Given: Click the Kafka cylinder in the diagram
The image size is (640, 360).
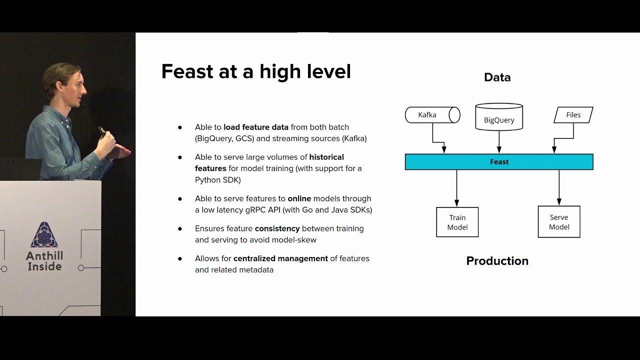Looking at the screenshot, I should (x=432, y=115).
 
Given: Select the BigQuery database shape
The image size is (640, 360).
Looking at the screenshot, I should (x=499, y=117).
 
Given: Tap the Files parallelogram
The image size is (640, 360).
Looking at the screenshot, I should (x=573, y=115).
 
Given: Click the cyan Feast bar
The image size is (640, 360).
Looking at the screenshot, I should (x=499, y=162).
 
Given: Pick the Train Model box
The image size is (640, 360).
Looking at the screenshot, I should (x=457, y=222).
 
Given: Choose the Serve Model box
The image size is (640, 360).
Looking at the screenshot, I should (x=559, y=222).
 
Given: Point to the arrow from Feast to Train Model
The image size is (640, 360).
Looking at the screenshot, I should (x=456, y=188).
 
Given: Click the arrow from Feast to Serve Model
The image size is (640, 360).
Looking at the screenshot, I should (x=559, y=187).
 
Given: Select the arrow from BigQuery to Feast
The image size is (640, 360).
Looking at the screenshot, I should (x=499, y=141).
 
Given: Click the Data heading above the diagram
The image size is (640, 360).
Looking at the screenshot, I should (x=497, y=77).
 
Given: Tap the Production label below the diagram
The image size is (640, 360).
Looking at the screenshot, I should (x=497, y=261).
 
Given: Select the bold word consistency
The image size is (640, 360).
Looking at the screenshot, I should (x=277, y=228).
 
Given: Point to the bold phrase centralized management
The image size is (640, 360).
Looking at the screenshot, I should (x=280, y=258).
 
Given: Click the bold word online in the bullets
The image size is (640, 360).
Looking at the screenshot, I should (x=299, y=198).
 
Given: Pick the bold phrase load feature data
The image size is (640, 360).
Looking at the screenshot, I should (x=256, y=127).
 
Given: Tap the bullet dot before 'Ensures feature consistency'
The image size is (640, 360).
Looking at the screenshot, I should (x=180, y=229).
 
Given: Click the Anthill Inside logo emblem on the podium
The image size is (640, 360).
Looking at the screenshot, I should (x=44, y=235).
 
